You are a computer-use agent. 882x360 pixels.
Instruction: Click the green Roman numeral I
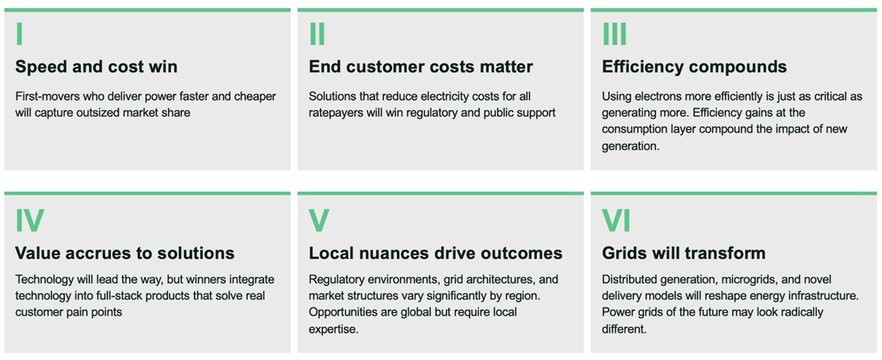tap(19, 33)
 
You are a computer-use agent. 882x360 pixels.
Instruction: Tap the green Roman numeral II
tap(318, 33)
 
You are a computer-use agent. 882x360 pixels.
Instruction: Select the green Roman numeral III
tap(615, 33)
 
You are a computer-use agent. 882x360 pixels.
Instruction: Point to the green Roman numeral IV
tap(30, 220)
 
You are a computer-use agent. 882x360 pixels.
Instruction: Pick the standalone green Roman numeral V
tap(319, 220)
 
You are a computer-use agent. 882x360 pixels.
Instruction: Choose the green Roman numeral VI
tap(616, 220)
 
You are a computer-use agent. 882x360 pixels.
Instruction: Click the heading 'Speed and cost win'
tap(96, 67)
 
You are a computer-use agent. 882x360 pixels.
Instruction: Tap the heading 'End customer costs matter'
tap(421, 67)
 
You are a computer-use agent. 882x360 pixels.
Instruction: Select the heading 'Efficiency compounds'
tap(694, 67)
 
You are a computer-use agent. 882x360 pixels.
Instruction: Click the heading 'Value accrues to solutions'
tap(125, 253)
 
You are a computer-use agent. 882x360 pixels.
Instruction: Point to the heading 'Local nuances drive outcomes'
tap(435, 253)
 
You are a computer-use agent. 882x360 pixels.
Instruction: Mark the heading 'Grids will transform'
tap(683, 253)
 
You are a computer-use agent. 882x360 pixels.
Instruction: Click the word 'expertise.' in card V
tap(334, 329)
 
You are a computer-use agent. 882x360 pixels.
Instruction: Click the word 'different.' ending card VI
tap(624, 329)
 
